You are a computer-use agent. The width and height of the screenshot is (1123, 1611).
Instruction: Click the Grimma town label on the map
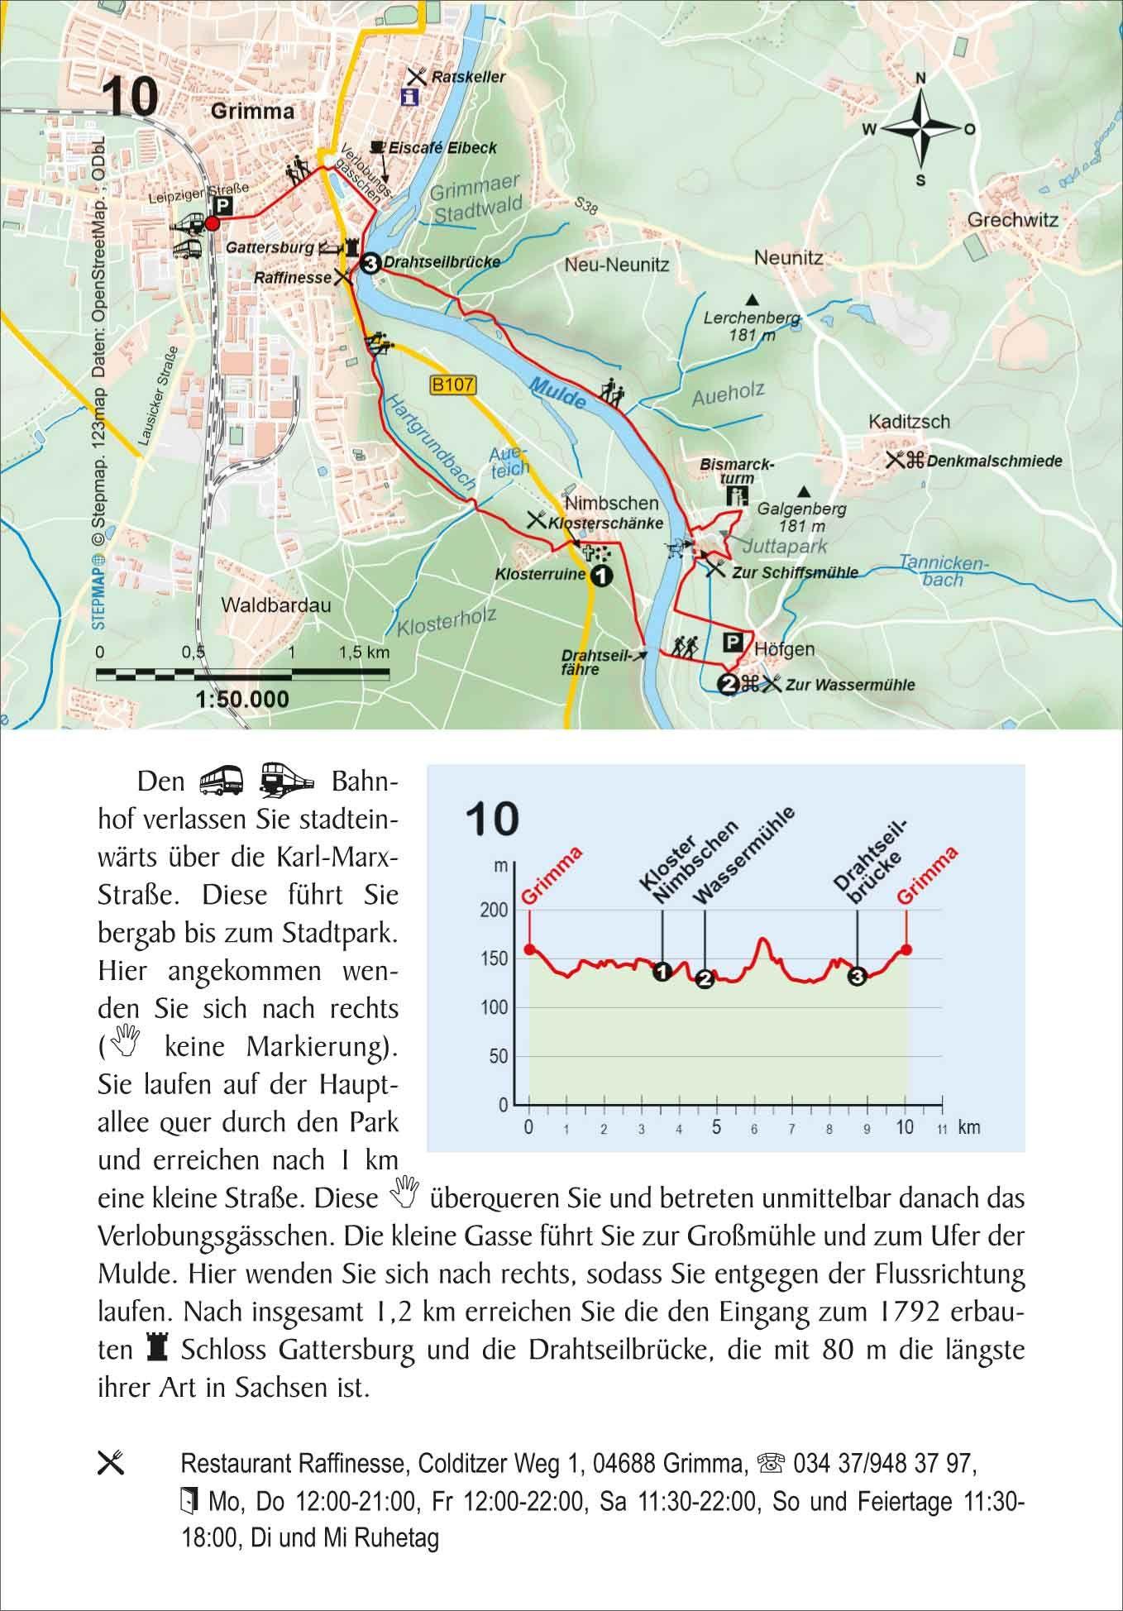[x=252, y=112]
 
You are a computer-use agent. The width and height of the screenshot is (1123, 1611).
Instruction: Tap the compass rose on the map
[x=920, y=129]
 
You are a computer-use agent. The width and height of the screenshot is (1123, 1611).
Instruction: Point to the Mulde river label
[x=558, y=393]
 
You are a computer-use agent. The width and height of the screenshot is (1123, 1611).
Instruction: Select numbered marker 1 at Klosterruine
[x=601, y=575]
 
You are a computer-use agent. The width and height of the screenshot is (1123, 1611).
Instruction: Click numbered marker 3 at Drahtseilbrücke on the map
[x=370, y=263]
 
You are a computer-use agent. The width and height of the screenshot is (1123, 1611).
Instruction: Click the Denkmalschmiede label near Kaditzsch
[x=994, y=461]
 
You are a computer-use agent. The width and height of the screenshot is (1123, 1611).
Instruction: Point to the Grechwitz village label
[x=1012, y=221]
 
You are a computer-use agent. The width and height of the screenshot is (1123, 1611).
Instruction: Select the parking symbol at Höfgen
[x=734, y=643]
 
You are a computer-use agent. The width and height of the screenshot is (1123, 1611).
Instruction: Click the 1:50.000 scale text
[x=242, y=700]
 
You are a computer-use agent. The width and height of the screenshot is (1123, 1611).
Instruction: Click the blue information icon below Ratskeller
[x=409, y=98]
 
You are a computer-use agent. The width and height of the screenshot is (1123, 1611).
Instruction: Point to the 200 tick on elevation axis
[x=496, y=911]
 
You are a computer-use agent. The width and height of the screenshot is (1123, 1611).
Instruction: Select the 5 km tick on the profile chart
[x=716, y=1126]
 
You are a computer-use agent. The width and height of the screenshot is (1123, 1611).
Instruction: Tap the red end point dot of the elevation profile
[x=907, y=950]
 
